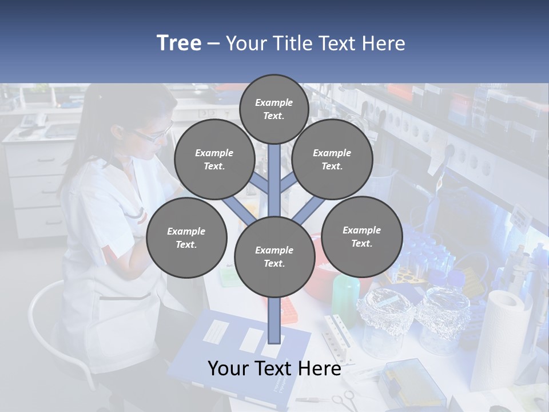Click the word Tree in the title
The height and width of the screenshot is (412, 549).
tap(178, 43)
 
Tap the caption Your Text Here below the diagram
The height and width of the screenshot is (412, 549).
tap(274, 369)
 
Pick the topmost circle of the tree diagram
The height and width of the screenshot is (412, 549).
tap(274, 109)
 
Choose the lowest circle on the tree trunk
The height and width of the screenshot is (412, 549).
tap(274, 257)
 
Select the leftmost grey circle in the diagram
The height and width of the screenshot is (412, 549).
tap(186, 238)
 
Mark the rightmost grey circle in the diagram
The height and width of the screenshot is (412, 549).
tap(361, 237)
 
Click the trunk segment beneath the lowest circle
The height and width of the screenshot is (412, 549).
tap(274, 320)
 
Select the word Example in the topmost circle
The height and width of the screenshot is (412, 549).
tap(274, 102)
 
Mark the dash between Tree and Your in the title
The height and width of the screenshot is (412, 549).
tap(213, 44)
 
